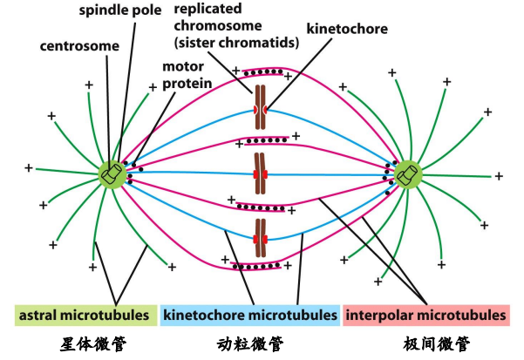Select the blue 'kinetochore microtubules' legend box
pos(249,314)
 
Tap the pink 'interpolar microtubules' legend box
pos(425,314)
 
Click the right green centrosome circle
pos(407,175)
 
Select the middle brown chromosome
pos(260,174)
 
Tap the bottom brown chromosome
pos(260,241)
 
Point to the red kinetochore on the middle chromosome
pos(260,175)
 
